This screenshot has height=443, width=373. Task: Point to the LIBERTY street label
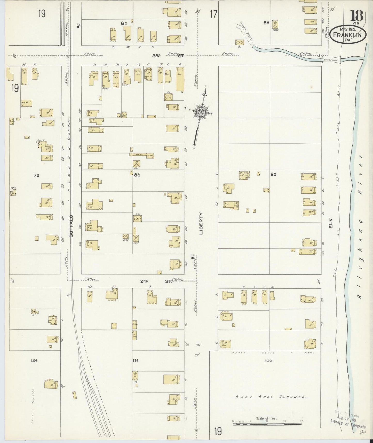(x=201, y=223)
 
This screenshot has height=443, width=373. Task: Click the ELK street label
(x=331, y=223)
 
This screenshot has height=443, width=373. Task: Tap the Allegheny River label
(x=361, y=227)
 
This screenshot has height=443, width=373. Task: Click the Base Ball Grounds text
(x=271, y=404)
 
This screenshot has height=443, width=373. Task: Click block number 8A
(x=137, y=175)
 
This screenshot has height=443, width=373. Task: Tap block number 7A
(x=36, y=175)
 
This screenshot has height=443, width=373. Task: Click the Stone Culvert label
(x=331, y=60)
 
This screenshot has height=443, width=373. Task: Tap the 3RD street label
(x=156, y=55)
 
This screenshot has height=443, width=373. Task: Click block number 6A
(x=124, y=23)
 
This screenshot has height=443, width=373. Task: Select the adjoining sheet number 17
(x=213, y=14)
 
